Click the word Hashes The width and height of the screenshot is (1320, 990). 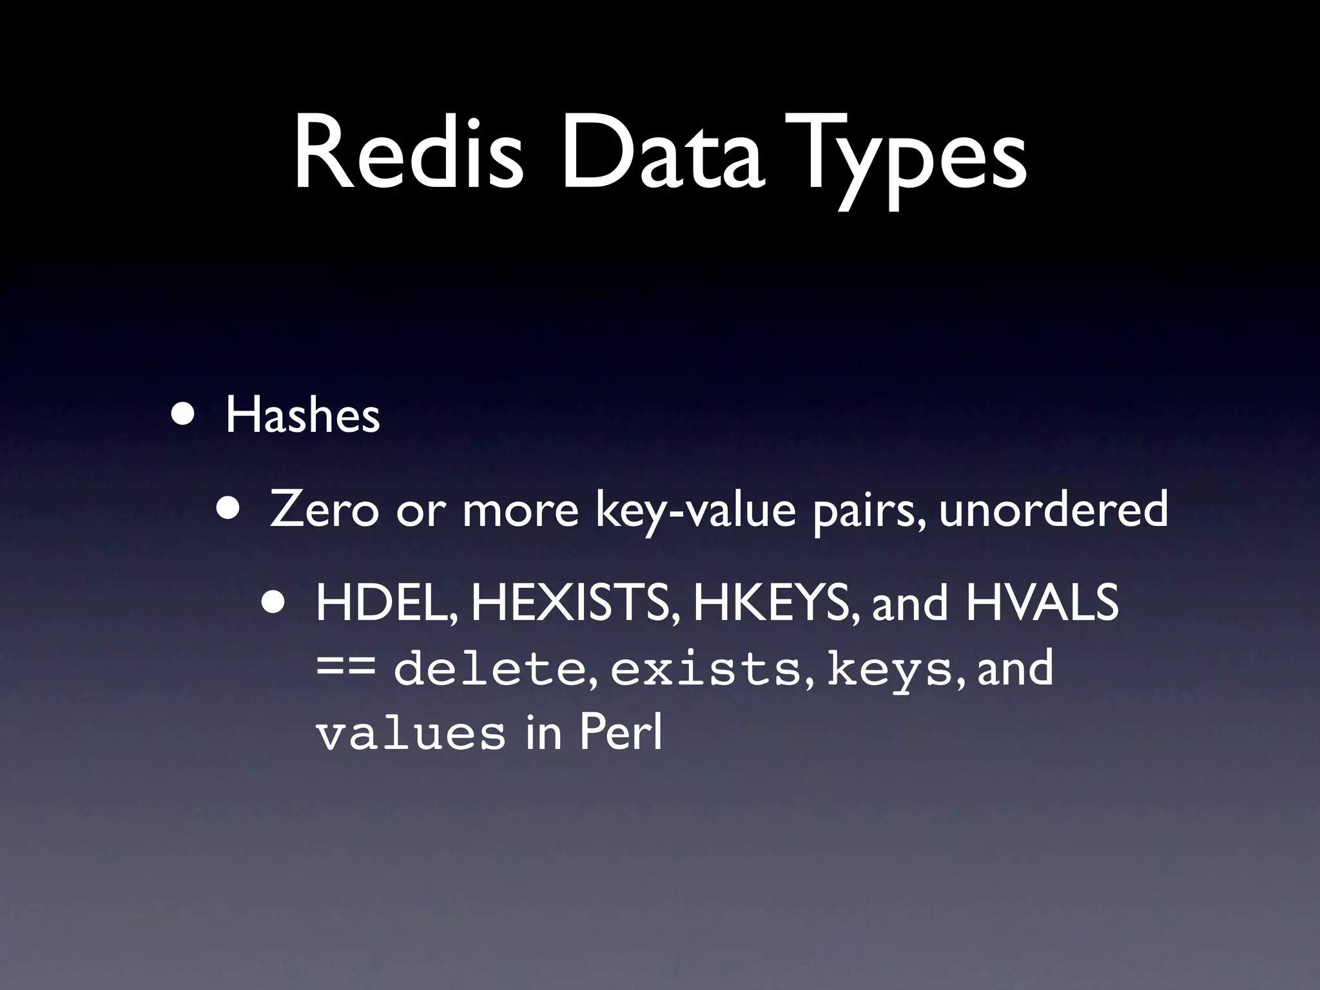302,416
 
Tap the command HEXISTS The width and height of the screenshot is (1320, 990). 574,603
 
